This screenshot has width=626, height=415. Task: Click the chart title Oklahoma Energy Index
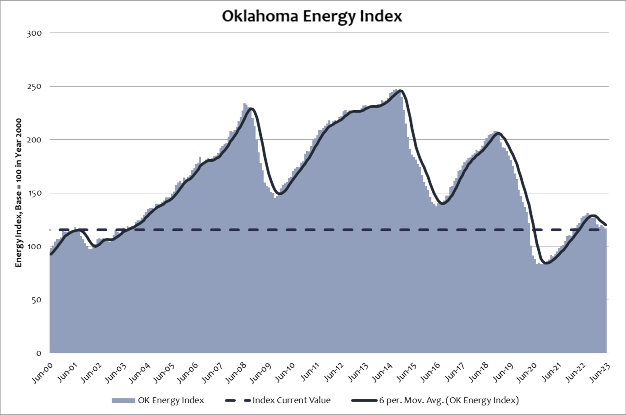312,16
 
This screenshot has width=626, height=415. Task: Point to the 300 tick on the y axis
34,33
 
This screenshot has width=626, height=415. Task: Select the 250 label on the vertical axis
34,87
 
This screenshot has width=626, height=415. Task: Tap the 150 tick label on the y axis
34,193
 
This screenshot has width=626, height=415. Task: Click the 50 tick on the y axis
36,300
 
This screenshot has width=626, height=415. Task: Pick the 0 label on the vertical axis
39,353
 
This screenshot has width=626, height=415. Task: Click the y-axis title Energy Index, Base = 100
19,193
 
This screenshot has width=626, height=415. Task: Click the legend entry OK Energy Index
171,400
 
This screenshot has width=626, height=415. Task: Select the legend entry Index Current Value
291,400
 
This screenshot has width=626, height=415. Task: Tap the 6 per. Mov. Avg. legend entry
449,400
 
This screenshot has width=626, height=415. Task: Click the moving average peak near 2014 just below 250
401,90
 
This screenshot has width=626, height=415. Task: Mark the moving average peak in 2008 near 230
251,108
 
